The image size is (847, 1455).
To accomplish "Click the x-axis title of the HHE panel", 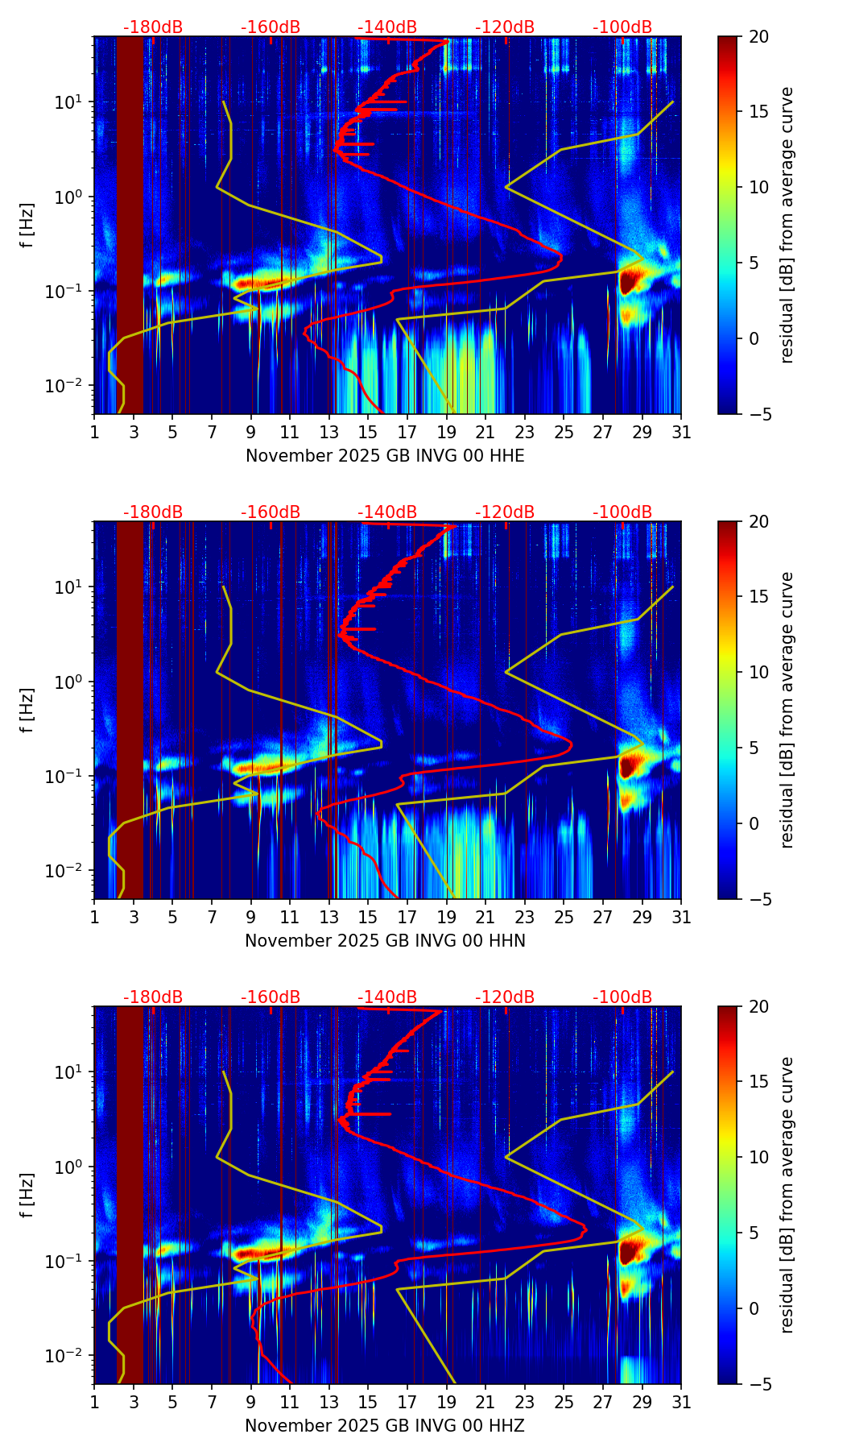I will [385, 456].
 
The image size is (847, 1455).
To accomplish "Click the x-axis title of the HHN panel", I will [385, 941].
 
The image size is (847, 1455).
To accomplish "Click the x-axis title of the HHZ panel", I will [385, 1426].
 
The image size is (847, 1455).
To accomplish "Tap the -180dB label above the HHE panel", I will [153, 27].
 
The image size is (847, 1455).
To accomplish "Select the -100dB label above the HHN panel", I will [622, 512].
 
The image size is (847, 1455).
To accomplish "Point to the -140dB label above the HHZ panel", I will [387, 997].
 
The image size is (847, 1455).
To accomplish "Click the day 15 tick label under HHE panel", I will [368, 432].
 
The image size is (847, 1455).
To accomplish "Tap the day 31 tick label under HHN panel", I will [681, 917].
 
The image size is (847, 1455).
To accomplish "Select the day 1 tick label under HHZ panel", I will [94, 1402].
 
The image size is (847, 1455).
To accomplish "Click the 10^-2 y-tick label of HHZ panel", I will [70, 1356].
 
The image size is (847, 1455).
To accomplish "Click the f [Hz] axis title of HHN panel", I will [28, 710].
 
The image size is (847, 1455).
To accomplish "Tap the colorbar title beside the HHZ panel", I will [787, 1195].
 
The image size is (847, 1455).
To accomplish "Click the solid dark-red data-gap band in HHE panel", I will [130, 226].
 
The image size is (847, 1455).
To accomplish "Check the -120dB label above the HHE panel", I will [505, 27].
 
